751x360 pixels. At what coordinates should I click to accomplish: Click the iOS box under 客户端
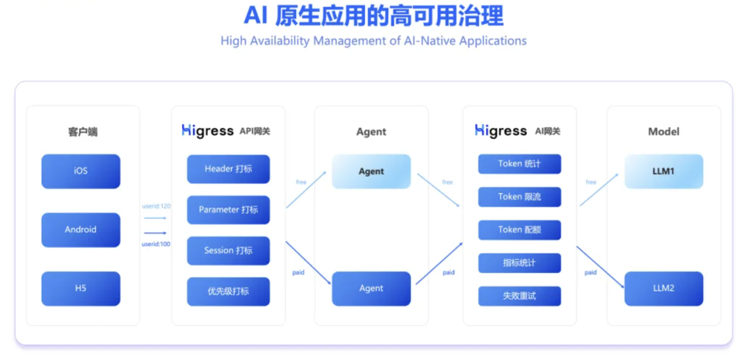pos(81,171)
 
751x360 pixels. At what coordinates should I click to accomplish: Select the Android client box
pos(81,230)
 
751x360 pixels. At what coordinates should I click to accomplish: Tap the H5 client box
pos(81,288)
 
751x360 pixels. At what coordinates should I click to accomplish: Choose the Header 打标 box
pos(228,169)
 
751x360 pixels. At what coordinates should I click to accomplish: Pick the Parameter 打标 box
pos(228,210)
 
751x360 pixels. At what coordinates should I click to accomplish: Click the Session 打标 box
pos(228,251)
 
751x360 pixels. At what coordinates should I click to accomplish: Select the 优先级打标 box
pos(228,291)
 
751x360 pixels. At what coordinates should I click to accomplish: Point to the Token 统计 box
pos(519,164)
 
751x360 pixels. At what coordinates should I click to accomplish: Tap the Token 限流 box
pos(519,197)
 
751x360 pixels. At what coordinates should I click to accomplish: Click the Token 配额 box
pos(519,230)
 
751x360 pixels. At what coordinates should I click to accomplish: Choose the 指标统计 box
pos(519,263)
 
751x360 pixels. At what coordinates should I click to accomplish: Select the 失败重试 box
pos(519,296)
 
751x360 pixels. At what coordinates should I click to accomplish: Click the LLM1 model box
pos(663,171)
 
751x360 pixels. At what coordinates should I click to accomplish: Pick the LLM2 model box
pos(663,288)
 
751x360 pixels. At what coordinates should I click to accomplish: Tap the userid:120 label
pos(156,206)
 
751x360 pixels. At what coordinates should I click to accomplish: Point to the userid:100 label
pos(156,244)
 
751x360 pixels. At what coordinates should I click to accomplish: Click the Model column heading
pos(663,131)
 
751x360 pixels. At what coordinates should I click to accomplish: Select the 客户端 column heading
pos(83,131)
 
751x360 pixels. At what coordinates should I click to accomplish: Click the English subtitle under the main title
pos(373,41)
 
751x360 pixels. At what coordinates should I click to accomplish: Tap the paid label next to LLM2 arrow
pos(590,272)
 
